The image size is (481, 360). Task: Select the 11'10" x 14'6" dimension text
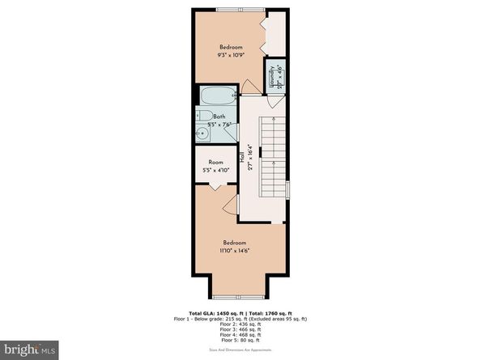pyautogui.click(x=240, y=251)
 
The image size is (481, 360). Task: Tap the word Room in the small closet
pyautogui.click(x=215, y=162)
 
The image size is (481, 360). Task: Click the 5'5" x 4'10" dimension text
pyautogui.click(x=215, y=170)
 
